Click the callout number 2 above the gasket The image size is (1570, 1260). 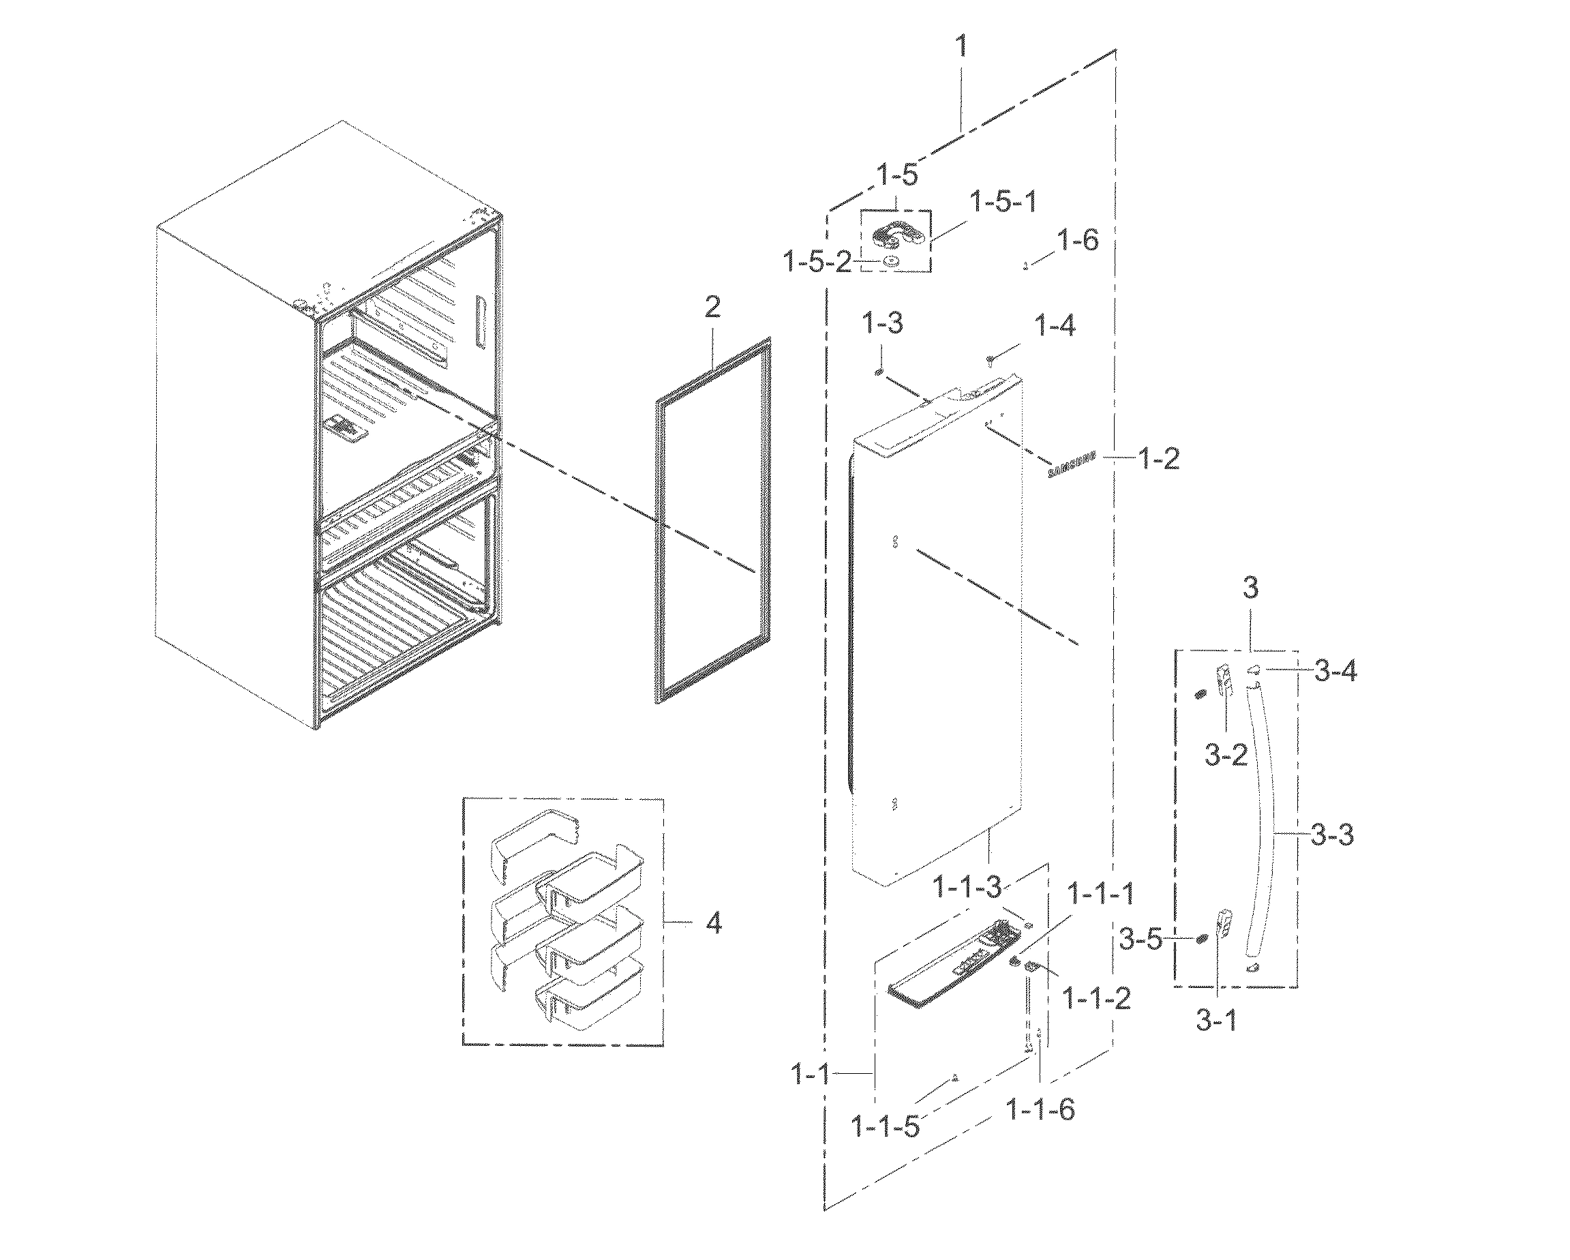coord(712,307)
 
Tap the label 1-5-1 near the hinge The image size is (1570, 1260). coord(1003,202)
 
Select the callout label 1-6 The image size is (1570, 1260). coord(1078,241)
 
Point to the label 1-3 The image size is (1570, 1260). coord(883,322)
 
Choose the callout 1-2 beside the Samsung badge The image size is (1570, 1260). coord(1158,459)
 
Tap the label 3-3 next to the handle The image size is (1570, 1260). coord(1332,835)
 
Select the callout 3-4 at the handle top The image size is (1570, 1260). coord(1335,671)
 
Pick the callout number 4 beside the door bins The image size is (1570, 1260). coord(714,923)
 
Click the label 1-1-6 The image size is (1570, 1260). coord(1040,1109)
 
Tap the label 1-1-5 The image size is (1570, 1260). coord(886,1128)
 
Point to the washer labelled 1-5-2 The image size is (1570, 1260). coord(889,261)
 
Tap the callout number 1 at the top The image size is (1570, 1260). coord(961,46)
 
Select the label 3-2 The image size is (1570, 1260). coord(1226,755)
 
